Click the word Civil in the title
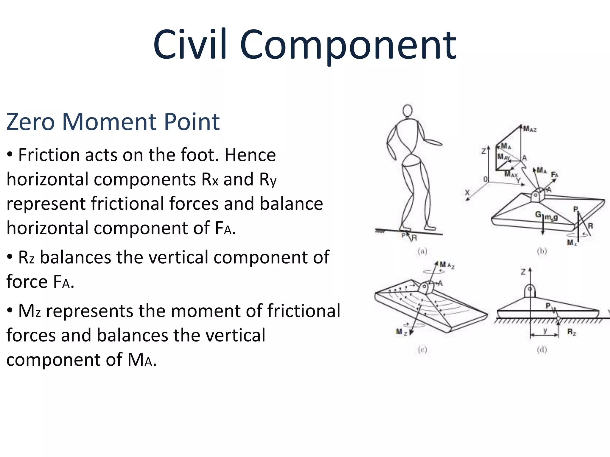[x=191, y=45]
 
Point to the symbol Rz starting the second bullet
[x=27, y=257]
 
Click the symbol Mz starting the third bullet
[x=29, y=311]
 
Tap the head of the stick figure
[x=407, y=111]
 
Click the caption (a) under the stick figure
[x=422, y=252]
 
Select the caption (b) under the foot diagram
[x=542, y=252]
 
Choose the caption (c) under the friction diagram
[x=422, y=350]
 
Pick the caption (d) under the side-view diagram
[x=542, y=350]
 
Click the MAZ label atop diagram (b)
[x=530, y=129]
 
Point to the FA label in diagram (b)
[x=554, y=175]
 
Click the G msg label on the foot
[x=546, y=215]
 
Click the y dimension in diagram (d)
[x=545, y=331]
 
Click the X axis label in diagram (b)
[x=467, y=192]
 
